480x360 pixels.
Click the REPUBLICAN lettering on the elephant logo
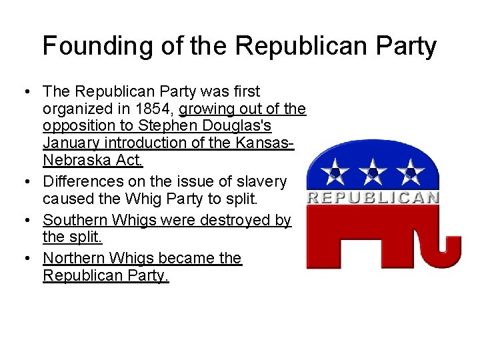pos(373,197)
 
